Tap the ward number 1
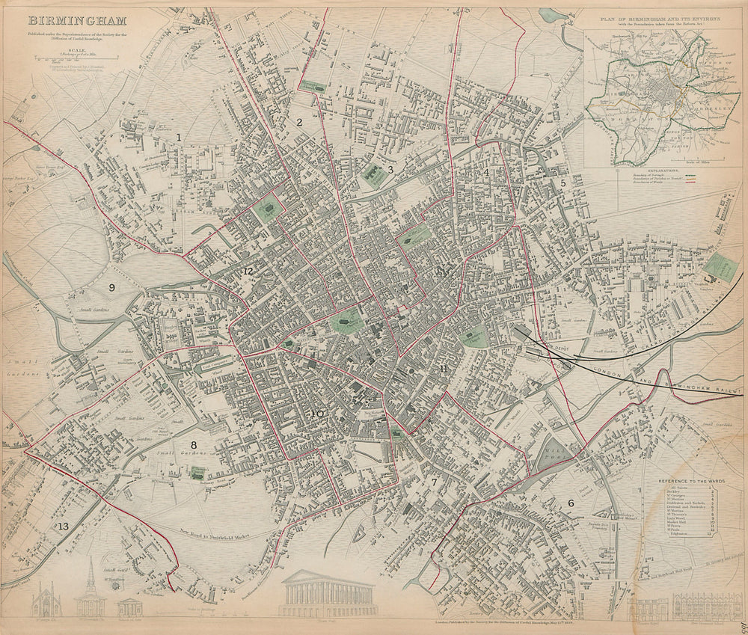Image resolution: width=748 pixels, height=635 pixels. (x=179, y=137)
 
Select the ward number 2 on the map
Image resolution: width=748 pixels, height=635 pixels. (x=298, y=122)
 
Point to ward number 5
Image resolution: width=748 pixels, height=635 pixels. (x=563, y=182)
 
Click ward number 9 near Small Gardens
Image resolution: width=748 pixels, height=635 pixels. (x=112, y=287)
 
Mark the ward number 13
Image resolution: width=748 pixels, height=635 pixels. (x=63, y=527)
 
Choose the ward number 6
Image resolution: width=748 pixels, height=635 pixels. (x=571, y=503)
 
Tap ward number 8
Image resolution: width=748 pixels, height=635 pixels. (x=193, y=446)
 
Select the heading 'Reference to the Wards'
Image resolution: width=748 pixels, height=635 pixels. (x=683, y=482)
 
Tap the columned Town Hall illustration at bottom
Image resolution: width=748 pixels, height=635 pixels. (x=328, y=594)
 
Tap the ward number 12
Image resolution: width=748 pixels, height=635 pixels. (x=248, y=270)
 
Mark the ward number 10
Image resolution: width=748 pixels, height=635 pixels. (x=317, y=414)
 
